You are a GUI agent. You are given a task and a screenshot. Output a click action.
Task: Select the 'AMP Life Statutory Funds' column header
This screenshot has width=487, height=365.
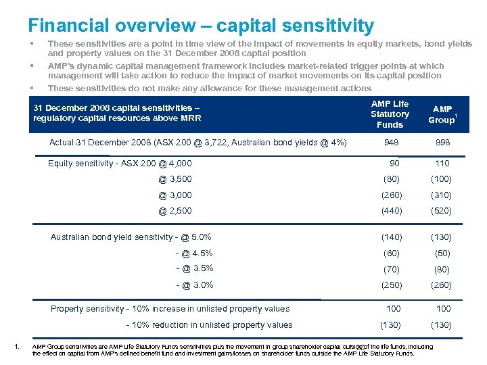point(390,114)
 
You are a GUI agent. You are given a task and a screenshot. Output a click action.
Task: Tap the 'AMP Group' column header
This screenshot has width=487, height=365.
point(442,114)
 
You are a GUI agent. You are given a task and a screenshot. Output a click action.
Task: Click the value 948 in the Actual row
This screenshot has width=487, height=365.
point(392,143)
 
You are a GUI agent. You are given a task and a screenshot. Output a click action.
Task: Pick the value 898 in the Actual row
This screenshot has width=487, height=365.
point(442,143)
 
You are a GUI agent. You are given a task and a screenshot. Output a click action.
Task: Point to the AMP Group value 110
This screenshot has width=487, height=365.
point(442,163)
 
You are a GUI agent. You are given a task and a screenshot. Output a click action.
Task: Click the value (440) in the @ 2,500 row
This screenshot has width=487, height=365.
point(392,211)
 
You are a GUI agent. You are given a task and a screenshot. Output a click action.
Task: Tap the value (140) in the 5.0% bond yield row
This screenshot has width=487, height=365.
point(392,237)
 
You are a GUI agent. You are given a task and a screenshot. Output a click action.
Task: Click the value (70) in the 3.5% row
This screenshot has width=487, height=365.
point(392,269)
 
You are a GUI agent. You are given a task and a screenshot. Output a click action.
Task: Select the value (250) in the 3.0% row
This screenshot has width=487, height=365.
point(392,285)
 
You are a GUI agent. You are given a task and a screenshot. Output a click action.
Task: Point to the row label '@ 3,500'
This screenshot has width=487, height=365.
point(175,179)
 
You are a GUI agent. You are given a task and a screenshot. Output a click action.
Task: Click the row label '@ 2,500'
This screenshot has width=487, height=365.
point(175,211)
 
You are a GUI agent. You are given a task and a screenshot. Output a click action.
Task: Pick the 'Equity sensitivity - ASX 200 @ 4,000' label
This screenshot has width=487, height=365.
point(120,163)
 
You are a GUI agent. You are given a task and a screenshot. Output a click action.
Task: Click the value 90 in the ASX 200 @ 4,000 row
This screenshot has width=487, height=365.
point(395,163)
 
